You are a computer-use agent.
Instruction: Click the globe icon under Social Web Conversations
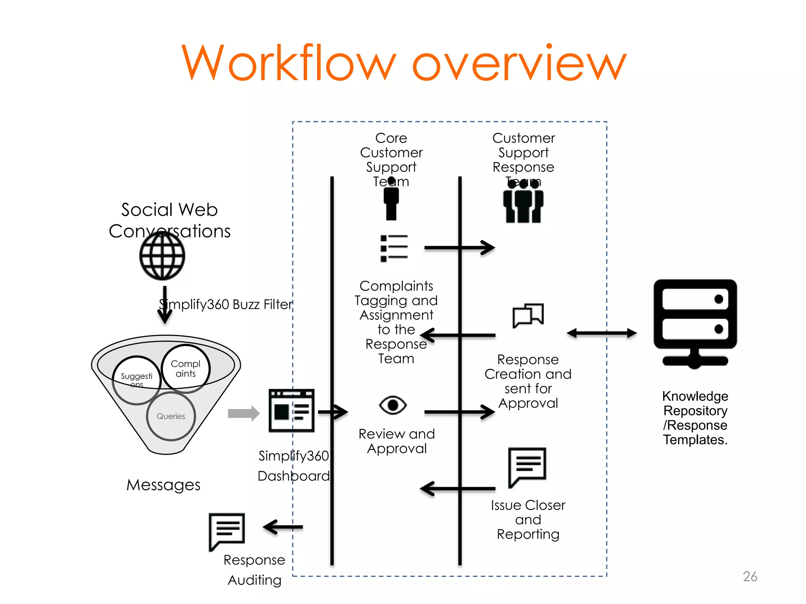coord(162,256)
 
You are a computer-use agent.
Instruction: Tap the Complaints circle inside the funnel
coord(185,368)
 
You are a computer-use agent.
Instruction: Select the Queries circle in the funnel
coord(171,416)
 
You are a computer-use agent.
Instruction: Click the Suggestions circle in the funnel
coord(136,380)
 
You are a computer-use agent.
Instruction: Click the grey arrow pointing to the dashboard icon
coord(244,413)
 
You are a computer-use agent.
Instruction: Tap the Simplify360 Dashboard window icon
coord(291,411)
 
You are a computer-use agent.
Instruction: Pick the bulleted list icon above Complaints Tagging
coord(394,248)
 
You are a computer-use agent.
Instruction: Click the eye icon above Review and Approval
coord(393,405)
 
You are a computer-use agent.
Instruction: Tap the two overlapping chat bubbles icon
coord(528,315)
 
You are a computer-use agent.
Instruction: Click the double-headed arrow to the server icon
coord(602,333)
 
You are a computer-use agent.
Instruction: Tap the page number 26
coord(750,576)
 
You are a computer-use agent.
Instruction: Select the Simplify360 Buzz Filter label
coord(226,304)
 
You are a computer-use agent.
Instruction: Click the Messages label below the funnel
coord(163,485)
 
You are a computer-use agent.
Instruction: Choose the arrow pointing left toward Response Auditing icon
coord(283,527)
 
